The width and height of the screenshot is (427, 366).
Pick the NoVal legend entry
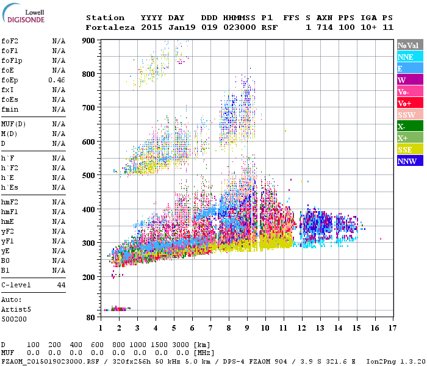tap(409, 45)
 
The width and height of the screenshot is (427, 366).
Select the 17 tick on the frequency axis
tap(392, 328)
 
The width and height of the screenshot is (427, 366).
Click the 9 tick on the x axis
tap(246, 328)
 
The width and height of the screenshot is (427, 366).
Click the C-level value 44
tap(61, 285)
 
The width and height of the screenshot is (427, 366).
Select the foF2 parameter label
tap(9, 41)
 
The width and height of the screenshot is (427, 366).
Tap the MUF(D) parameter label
tap(13, 124)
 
